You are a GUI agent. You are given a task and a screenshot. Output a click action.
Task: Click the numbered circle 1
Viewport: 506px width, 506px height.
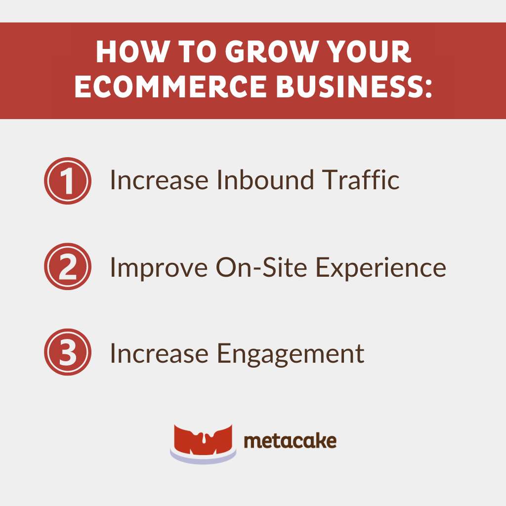pyautogui.click(x=68, y=181)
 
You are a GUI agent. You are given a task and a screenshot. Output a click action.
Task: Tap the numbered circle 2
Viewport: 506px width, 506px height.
pyautogui.click(x=68, y=267)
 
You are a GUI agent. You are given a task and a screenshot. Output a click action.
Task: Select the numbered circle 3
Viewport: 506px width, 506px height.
pyautogui.click(x=68, y=352)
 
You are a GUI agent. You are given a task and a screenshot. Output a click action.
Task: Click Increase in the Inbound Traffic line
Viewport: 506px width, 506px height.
pyautogui.click(x=159, y=180)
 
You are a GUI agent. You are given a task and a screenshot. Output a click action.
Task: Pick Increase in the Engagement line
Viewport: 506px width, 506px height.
pyautogui.click(x=159, y=353)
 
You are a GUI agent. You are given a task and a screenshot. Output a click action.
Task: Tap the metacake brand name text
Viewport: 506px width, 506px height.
pyautogui.click(x=290, y=440)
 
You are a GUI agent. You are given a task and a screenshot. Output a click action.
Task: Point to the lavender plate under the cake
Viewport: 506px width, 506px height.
pyautogui.click(x=203, y=458)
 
